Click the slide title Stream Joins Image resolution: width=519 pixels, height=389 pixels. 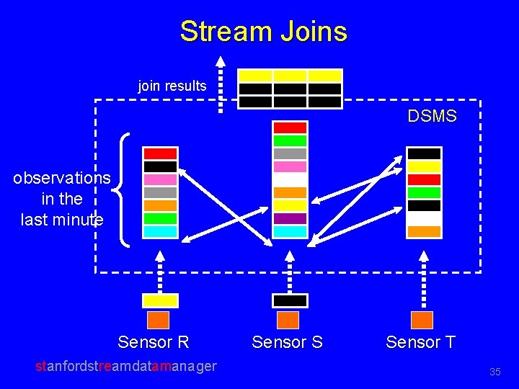(x=263, y=32)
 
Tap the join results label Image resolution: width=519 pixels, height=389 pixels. (x=172, y=86)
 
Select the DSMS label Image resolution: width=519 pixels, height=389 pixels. (x=432, y=116)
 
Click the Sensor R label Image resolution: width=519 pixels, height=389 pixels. (x=154, y=341)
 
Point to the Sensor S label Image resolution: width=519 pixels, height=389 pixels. (x=287, y=342)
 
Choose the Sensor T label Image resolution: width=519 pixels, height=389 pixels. (x=421, y=341)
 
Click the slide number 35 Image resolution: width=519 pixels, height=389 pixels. (x=494, y=372)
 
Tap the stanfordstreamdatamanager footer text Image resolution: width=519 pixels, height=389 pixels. (x=126, y=366)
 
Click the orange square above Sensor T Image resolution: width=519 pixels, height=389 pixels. (x=422, y=320)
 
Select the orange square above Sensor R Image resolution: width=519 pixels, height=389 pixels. (x=158, y=320)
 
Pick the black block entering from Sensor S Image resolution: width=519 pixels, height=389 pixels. (x=290, y=300)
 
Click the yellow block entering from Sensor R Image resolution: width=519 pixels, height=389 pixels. (x=159, y=300)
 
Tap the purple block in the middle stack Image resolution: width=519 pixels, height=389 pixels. (x=290, y=218)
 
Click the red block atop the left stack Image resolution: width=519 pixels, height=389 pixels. (x=160, y=153)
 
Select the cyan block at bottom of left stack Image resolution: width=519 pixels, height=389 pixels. (x=160, y=231)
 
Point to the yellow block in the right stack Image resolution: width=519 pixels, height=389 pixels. (x=424, y=166)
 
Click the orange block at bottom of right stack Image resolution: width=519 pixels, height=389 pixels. (x=424, y=231)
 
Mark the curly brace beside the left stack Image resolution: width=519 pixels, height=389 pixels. (x=123, y=189)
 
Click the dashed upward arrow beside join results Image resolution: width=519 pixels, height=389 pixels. (x=221, y=84)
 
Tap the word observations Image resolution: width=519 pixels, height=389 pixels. (x=62, y=178)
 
